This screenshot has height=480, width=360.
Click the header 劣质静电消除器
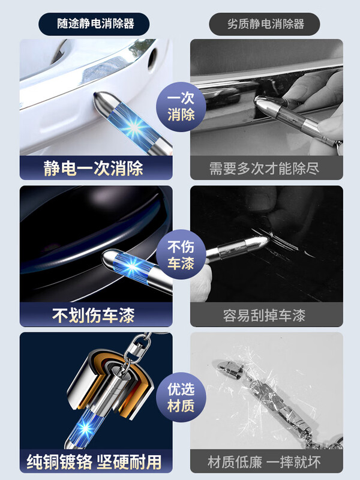click(x=265, y=24)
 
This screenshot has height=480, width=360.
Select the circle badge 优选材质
click(x=181, y=398)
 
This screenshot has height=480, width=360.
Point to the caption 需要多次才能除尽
click(x=266, y=168)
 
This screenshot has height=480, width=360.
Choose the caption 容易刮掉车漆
click(x=266, y=315)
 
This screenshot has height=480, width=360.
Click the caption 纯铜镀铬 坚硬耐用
click(x=94, y=461)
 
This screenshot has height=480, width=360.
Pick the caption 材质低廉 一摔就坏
click(x=266, y=462)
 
